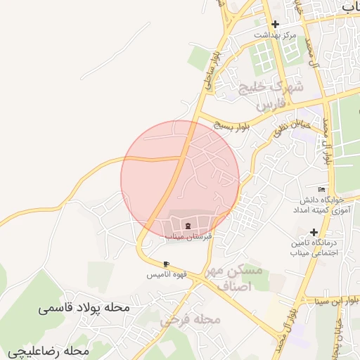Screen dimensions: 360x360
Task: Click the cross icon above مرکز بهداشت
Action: point(275,24)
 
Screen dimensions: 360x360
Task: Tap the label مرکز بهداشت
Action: point(276,34)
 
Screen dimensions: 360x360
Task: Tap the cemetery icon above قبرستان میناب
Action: point(188,225)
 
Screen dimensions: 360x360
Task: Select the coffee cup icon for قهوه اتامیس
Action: point(166,264)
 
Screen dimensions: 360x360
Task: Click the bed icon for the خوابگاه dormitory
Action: point(322,190)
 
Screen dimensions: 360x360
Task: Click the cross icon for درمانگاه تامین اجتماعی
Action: point(314,232)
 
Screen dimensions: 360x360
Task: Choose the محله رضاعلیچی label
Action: point(49,350)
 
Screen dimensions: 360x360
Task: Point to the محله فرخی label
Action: point(191,320)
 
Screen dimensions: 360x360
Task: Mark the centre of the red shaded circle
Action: point(180,179)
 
